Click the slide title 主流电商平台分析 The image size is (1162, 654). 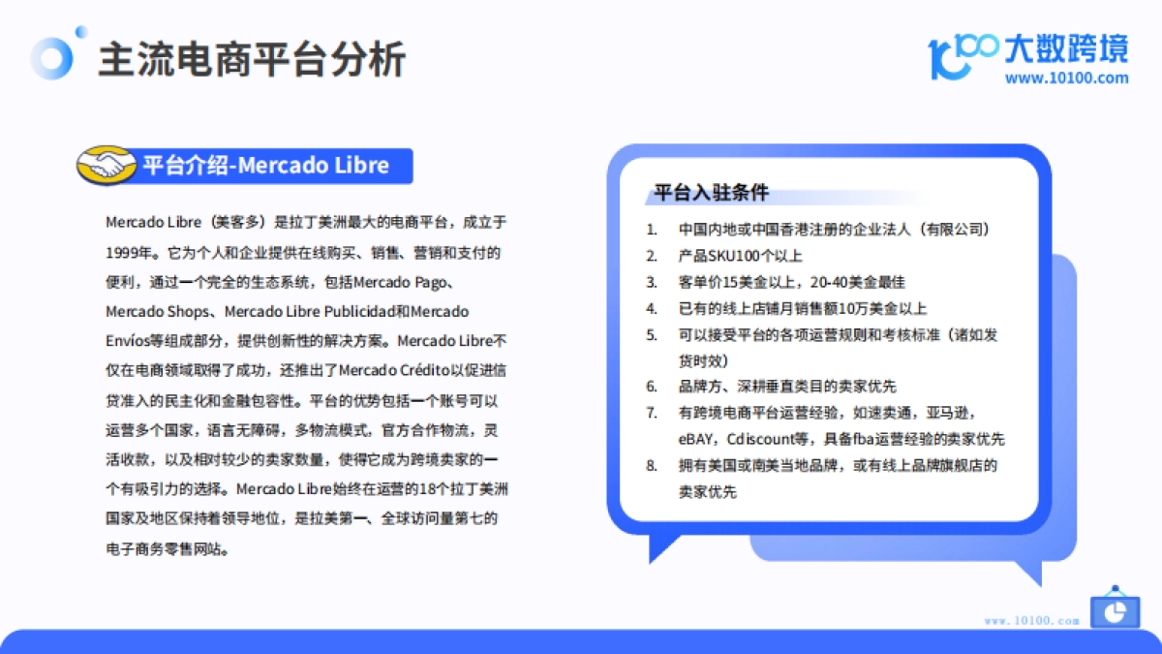pos(252,60)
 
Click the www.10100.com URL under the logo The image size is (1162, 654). pos(1066,78)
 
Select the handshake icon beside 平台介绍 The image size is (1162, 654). pos(106,166)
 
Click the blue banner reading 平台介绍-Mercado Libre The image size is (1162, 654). pos(265,166)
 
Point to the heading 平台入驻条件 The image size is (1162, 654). pos(711,193)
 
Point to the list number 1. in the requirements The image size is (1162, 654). pos(652,231)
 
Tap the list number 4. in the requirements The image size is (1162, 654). pos(652,309)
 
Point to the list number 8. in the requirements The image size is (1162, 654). pos(652,465)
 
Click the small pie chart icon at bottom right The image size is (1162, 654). pos(1115,609)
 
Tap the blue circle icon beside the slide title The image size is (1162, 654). pos(51,58)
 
